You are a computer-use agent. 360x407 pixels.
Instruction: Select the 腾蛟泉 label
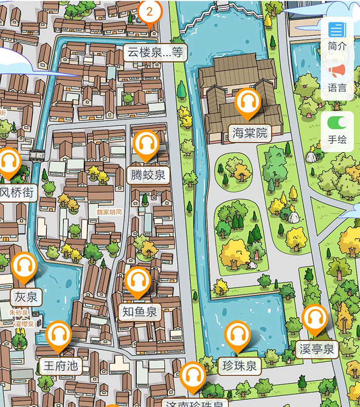pyautogui.click(x=148, y=175)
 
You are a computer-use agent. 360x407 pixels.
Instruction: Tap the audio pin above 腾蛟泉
pyautogui.click(x=147, y=144)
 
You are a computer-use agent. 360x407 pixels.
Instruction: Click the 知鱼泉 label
pyautogui.click(x=140, y=311)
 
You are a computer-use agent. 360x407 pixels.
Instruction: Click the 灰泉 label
pyautogui.click(x=26, y=297)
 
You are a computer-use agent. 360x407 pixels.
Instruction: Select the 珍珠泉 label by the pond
pyautogui.click(x=237, y=366)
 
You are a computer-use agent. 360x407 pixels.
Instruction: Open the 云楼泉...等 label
pyautogui.click(x=155, y=52)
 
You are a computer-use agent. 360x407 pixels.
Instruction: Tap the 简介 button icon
pyautogui.click(x=337, y=30)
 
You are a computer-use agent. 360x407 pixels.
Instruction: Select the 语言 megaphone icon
pyautogui.click(x=337, y=71)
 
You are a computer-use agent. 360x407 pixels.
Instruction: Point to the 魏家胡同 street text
pyautogui.click(x=110, y=211)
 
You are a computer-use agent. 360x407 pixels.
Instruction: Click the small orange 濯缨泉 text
pyautogui.click(x=24, y=324)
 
